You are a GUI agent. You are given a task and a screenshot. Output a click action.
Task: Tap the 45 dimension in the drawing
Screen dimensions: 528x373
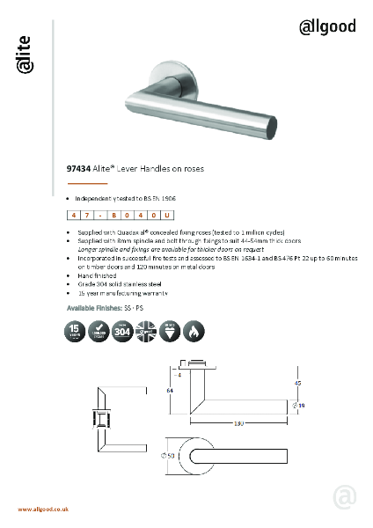click(x=297, y=383)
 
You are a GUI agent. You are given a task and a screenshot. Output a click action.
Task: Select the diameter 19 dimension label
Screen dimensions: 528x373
click(x=300, y=405)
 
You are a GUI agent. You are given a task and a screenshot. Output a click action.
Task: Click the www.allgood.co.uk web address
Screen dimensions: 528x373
click(x=44, y=510)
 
